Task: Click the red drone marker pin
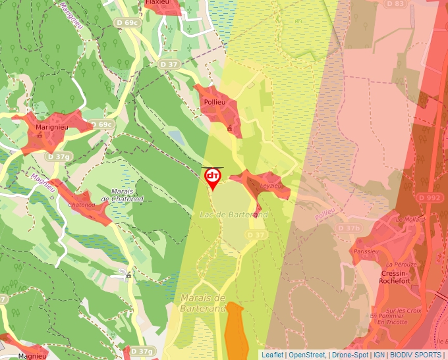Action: [x=213, y=177]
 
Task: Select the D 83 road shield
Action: [x=395, y=4]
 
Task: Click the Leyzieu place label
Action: [x=271, y=186]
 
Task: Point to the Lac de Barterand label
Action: [x=233, y=215]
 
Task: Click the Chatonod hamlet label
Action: [x=81, y=205]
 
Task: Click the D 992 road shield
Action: [x=430, y=197]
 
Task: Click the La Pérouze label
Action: [x=399, y=264]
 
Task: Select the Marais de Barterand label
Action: [x=203, y=302]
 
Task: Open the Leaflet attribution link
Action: [x=272, y=354]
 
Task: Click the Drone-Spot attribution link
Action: [x=349, y=354]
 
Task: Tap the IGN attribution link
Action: [x=379, y=354]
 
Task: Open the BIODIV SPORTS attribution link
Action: [x=416, y=354]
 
